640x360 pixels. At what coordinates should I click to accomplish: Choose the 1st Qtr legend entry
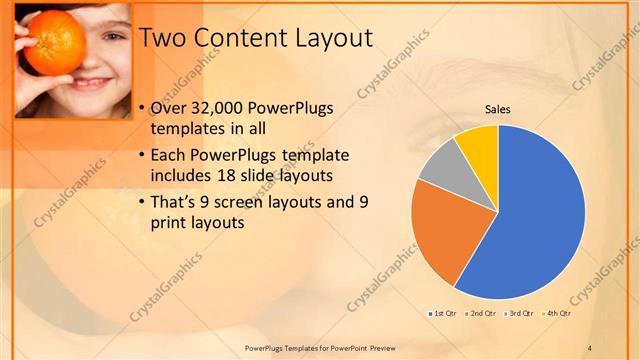click(x=442, y=314)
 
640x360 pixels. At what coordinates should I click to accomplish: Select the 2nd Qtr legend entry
click(x=484, y=314)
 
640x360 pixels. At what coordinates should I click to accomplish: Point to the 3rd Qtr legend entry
click(x=522, y=314)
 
